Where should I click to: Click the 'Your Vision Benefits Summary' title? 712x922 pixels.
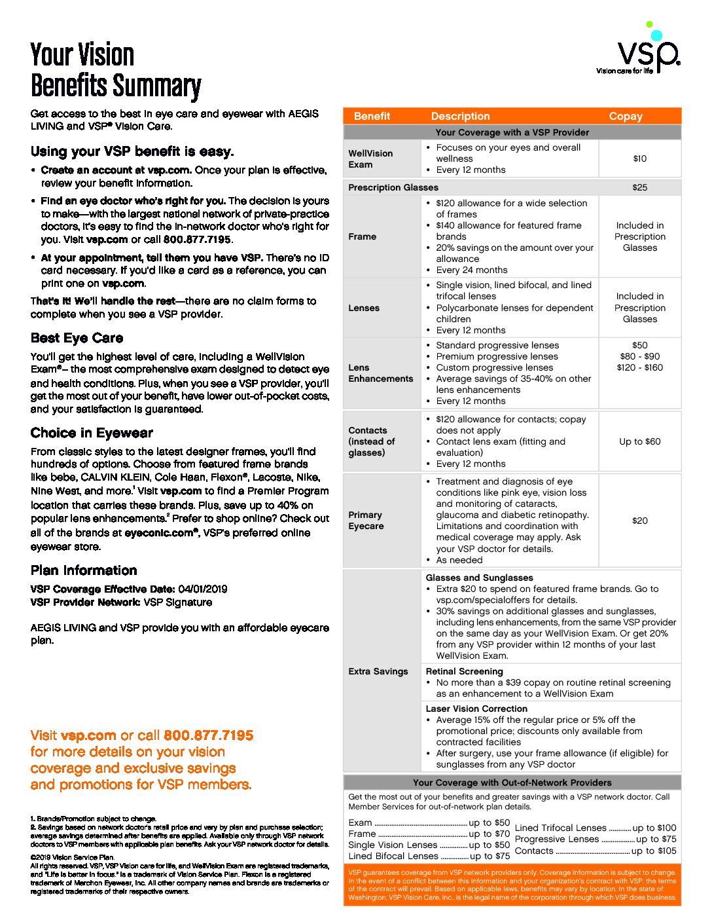(x=115, y=71)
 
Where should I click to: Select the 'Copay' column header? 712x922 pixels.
(x=626, y=117)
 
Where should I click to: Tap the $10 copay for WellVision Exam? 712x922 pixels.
(x=639, y=158)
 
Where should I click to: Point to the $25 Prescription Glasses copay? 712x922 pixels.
(x=639, y=187)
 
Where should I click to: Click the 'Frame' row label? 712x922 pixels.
(x=362, y=236)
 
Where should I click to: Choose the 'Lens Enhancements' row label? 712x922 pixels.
(x=380, y=373)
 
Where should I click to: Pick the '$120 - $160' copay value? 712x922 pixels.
(x=639, y=367)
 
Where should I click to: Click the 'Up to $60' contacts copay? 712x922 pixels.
(x=639, y=441)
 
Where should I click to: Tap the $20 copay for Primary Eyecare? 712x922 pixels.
(x=639, y=521)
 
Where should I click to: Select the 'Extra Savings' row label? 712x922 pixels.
(x=378, y=671)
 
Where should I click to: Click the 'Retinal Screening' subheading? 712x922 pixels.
(x=464, y=671)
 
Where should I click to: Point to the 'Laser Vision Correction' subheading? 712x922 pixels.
(x=476, y=709)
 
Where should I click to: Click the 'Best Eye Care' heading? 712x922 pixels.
(x=77, y=339)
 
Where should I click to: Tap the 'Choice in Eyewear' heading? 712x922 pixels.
(x=92, y=433)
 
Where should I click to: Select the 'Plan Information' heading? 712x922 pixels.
(x=84, y=570)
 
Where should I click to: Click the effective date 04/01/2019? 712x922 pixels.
(x=202, y=589)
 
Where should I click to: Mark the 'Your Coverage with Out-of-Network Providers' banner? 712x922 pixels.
(x=512, y=783)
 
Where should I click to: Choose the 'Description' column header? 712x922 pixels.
(x=460, y=117)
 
